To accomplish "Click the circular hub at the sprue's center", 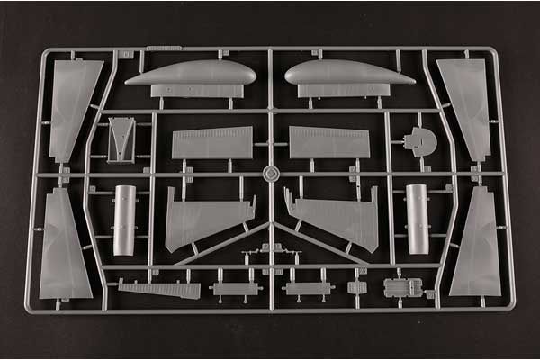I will click(269, 172).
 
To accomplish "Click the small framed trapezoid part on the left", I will click(121, 139).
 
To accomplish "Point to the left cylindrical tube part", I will click(125, 219).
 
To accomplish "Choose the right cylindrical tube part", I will click(416, 219).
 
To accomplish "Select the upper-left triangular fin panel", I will click(74, 106).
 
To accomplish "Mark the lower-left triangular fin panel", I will click(66, 247).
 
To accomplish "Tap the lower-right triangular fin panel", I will click(476, 247).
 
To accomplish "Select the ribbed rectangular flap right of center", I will click(329, 142).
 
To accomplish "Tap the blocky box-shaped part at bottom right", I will click(402, 288).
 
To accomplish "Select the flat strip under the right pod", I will click(344, 91).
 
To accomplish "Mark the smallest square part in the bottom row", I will click(357, 289).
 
